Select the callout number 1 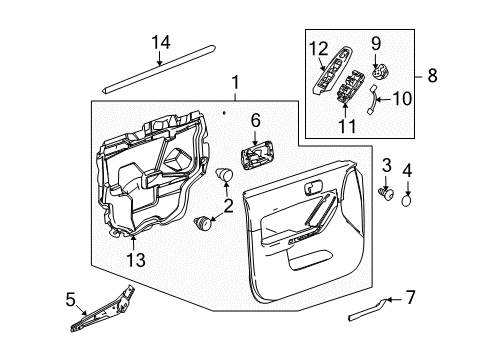coord(235,83)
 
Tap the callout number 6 coord(255,121)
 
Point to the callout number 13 coord(135,260)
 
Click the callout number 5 coord(69,298)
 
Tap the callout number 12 coord(317,47)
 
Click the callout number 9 coord(378,42)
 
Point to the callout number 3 coord(384,163)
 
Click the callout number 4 coord(406,171)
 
